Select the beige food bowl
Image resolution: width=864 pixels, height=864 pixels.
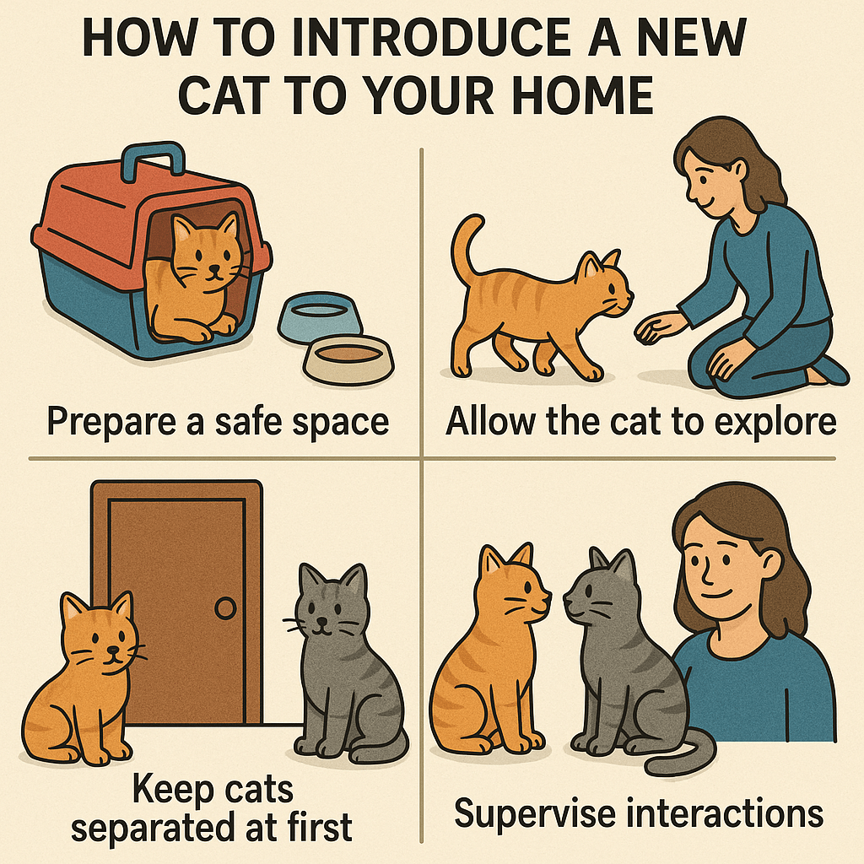348,359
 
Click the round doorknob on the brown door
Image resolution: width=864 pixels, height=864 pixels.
225,608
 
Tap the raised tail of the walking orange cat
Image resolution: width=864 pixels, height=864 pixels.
467,248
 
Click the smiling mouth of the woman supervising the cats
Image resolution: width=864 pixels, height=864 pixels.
717,595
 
